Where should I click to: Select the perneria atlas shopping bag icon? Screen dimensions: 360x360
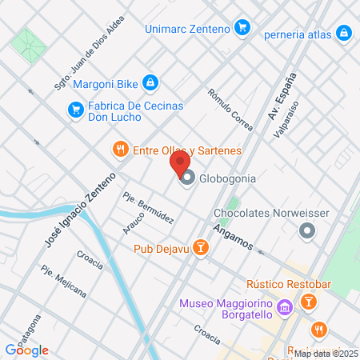click(x=342, y=33)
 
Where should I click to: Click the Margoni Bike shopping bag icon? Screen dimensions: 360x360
click(x=150, y=82)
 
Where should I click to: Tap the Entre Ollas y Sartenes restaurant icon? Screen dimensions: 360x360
click(x=120, y=149)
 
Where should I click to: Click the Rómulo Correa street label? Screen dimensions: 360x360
click(x=230, y=110)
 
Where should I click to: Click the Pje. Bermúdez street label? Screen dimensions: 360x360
click(x=149, y=207)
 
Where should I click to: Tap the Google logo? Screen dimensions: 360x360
click(x=26, y=350)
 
